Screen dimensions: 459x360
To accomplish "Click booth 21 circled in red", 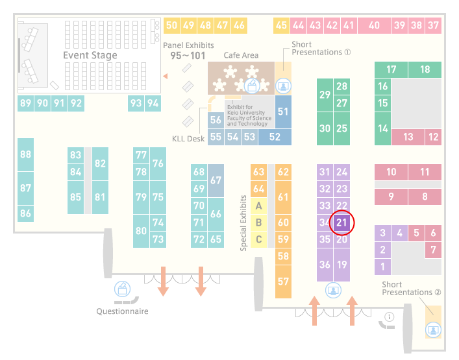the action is (341, 222).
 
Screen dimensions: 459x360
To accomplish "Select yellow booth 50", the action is (171, 25).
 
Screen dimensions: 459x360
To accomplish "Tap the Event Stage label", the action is (90, 55).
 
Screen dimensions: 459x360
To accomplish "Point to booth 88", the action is (25, 154).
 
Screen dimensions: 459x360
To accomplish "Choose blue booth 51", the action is (283, 112).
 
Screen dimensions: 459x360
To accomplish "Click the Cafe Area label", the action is (241, 55).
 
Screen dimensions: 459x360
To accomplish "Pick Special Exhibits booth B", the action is (258, 222).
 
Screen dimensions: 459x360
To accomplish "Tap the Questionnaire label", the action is (122, 311).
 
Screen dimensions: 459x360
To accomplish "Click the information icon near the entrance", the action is (390, 317).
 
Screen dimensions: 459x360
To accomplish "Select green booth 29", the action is (325, 95).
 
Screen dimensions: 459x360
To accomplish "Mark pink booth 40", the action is (374, 25).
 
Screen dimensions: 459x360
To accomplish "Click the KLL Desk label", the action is (188, 139).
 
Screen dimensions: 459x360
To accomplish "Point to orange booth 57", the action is (283, 282).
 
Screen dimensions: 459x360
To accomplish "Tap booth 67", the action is (216, 180).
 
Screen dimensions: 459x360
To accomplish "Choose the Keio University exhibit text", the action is (249, 115).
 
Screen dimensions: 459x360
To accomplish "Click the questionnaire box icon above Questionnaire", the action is (122, 289).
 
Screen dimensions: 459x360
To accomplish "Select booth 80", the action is (141, 231).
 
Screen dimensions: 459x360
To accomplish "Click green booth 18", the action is (425, 69).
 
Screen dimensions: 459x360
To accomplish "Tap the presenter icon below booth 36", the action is (333, 291).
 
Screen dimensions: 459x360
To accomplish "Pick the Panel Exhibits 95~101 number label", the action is (188, 56).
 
